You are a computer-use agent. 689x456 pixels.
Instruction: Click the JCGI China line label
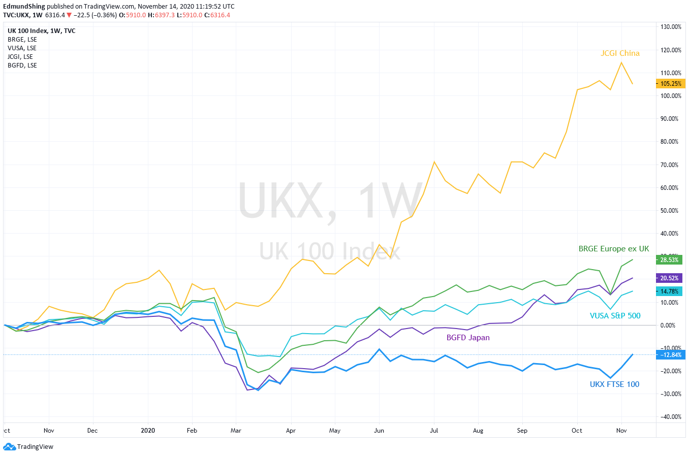tap(620, 53)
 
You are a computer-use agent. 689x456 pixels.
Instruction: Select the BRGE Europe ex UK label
tap(614, 249)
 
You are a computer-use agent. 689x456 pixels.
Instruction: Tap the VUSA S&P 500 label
tap(615, 316)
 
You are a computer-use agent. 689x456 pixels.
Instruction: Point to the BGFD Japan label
tap(468, 338)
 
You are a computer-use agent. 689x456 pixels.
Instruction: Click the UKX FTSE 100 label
tap(614, 384)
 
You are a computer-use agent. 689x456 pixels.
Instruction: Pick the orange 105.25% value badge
tap(671, 84)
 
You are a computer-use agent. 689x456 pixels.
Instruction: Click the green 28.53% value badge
tap(669, 260)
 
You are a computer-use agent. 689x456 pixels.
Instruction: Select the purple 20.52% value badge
tap(669, 278)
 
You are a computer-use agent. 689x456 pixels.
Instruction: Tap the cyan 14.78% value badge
tap(669, 291)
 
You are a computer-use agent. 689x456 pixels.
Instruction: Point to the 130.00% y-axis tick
tap(671, 27)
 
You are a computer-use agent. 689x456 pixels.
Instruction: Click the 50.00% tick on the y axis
tap(669, 211)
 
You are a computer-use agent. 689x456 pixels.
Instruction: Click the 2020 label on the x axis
tap(148, 431)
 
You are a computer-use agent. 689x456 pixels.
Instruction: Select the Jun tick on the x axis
tap(379, 431)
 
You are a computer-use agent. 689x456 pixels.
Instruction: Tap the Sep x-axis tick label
tap(522, 431)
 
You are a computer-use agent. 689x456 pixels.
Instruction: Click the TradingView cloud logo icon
tap(9, 447)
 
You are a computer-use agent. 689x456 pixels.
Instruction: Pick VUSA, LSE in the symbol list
tap(22, 48)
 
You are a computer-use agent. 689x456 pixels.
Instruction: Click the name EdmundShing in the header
tap(24, 7)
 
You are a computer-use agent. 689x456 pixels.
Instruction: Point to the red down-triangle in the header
tap(69, 15)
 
